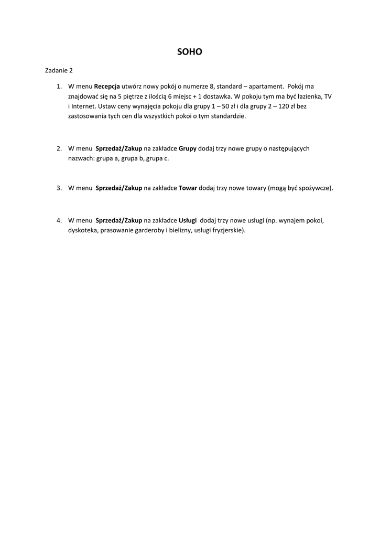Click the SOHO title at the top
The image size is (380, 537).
point(190,52)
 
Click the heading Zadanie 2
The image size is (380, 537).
point(59,70)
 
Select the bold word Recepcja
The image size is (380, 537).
point(107,86)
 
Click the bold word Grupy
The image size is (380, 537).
point(187,148)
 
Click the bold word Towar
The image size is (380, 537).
point(188,188)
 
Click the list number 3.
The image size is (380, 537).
point(59,188)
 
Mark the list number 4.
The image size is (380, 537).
point(59,220)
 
